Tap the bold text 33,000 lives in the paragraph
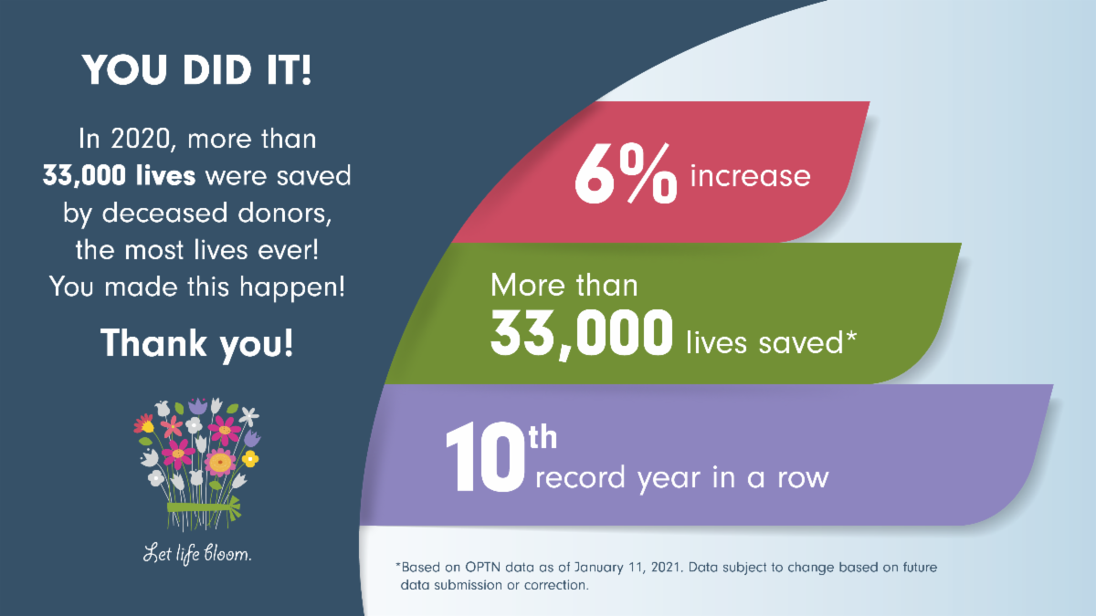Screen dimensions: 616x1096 [119, 176]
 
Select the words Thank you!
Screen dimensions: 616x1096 [196, 343]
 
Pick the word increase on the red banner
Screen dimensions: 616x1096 [750, 174]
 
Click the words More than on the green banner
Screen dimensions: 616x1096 [564, 286]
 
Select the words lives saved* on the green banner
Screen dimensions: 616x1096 [771, 343]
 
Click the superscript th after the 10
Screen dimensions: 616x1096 [543, 439]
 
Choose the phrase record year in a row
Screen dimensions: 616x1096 [681, 476]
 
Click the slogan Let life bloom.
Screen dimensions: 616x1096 [196, 553]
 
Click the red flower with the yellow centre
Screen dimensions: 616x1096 [144, 423]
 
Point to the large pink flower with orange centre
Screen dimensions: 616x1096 [220, 462]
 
